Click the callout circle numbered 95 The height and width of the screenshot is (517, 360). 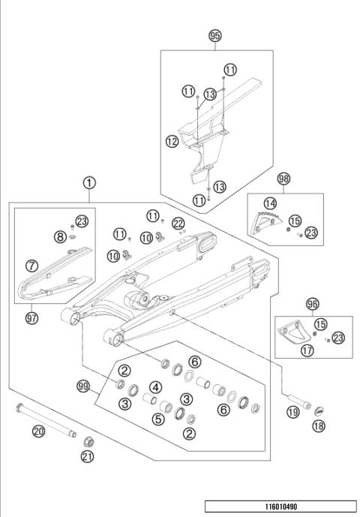(x=215, y=35)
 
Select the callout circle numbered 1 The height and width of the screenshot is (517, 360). (x=89, y=182)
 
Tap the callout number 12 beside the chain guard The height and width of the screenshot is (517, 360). (x=172, y=140)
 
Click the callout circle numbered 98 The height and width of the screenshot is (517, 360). (x=283, y=179)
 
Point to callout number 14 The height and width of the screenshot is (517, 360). (x=270, y=203)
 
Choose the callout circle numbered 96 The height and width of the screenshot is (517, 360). (x=312, y=304)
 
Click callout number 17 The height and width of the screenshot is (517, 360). (x=307, y=350)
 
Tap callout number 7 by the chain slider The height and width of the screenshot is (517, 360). (x=31, y=265)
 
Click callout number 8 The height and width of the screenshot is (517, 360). (x=60, y=237)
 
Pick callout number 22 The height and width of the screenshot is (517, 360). (x=178, y=223)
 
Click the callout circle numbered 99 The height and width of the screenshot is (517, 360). (x=83, y=386)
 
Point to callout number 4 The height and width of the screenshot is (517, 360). (x=155, y=388)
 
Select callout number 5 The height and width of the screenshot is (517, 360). (x=157, y=419)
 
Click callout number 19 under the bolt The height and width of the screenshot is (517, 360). (x=293, y=411)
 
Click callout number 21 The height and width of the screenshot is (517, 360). (x=87, y=457)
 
